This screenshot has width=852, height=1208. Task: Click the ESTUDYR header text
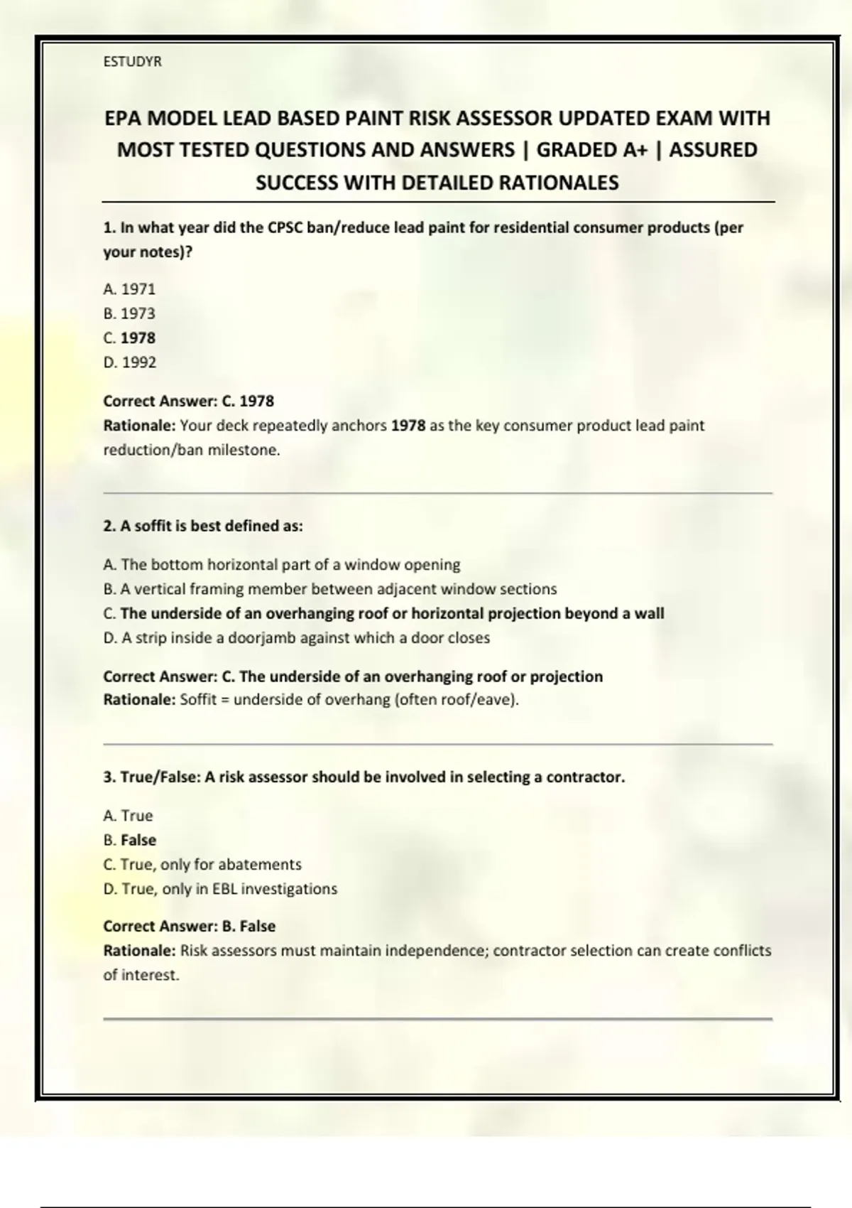pos(132,62)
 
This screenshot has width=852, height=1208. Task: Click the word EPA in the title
pos(124,118)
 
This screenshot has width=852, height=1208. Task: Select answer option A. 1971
pos(129,289)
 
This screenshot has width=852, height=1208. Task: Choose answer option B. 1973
pos(129,313)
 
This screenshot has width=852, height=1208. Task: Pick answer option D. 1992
pos(129,362)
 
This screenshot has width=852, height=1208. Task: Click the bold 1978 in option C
pos(138,338)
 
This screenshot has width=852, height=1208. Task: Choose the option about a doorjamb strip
pos(297,638)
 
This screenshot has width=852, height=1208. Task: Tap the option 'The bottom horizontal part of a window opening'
pos(282,565)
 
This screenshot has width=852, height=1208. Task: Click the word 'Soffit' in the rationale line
pos(198,700)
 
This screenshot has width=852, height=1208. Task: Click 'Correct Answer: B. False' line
pos(189,927)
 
